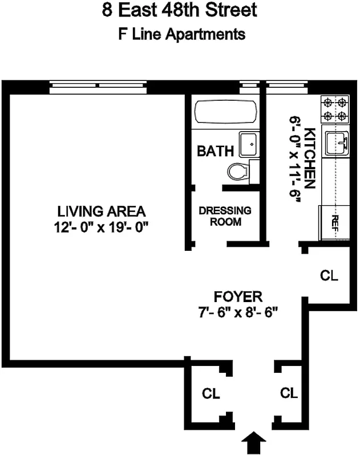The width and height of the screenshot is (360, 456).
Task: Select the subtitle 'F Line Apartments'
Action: click(180, 34)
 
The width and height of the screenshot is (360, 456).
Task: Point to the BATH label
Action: click(215, 152)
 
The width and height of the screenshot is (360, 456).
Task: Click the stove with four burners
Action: click(335, 109)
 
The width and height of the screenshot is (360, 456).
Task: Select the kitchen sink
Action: click(337, 142)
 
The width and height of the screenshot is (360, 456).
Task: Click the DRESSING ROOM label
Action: click(225, 216)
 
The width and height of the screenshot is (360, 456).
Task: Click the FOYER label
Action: click(238, 297)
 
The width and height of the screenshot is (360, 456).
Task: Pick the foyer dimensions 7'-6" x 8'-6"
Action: click(238, 313)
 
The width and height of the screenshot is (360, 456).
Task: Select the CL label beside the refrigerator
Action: click(329, 276)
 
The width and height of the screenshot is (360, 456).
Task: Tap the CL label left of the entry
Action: click(211, 394)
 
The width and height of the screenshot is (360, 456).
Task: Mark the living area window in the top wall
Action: click(100, 87)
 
